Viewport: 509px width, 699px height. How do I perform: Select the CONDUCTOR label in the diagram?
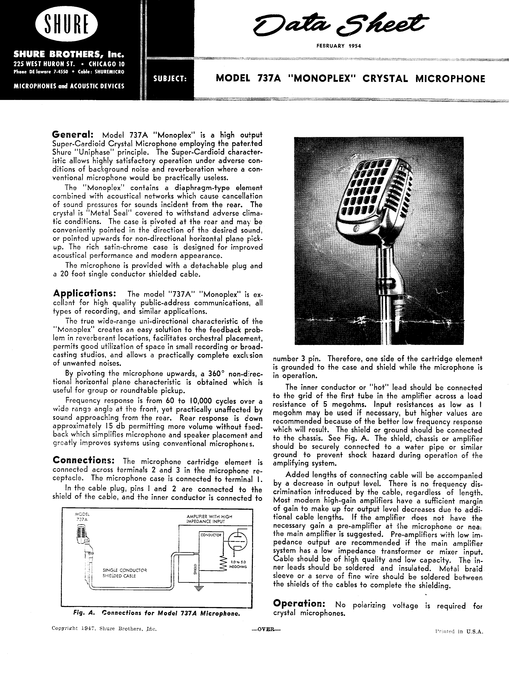click(211, 535)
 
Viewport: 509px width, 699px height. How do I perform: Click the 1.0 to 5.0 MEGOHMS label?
click(238, 564)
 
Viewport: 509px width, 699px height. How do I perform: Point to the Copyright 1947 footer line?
click(104, 629)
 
